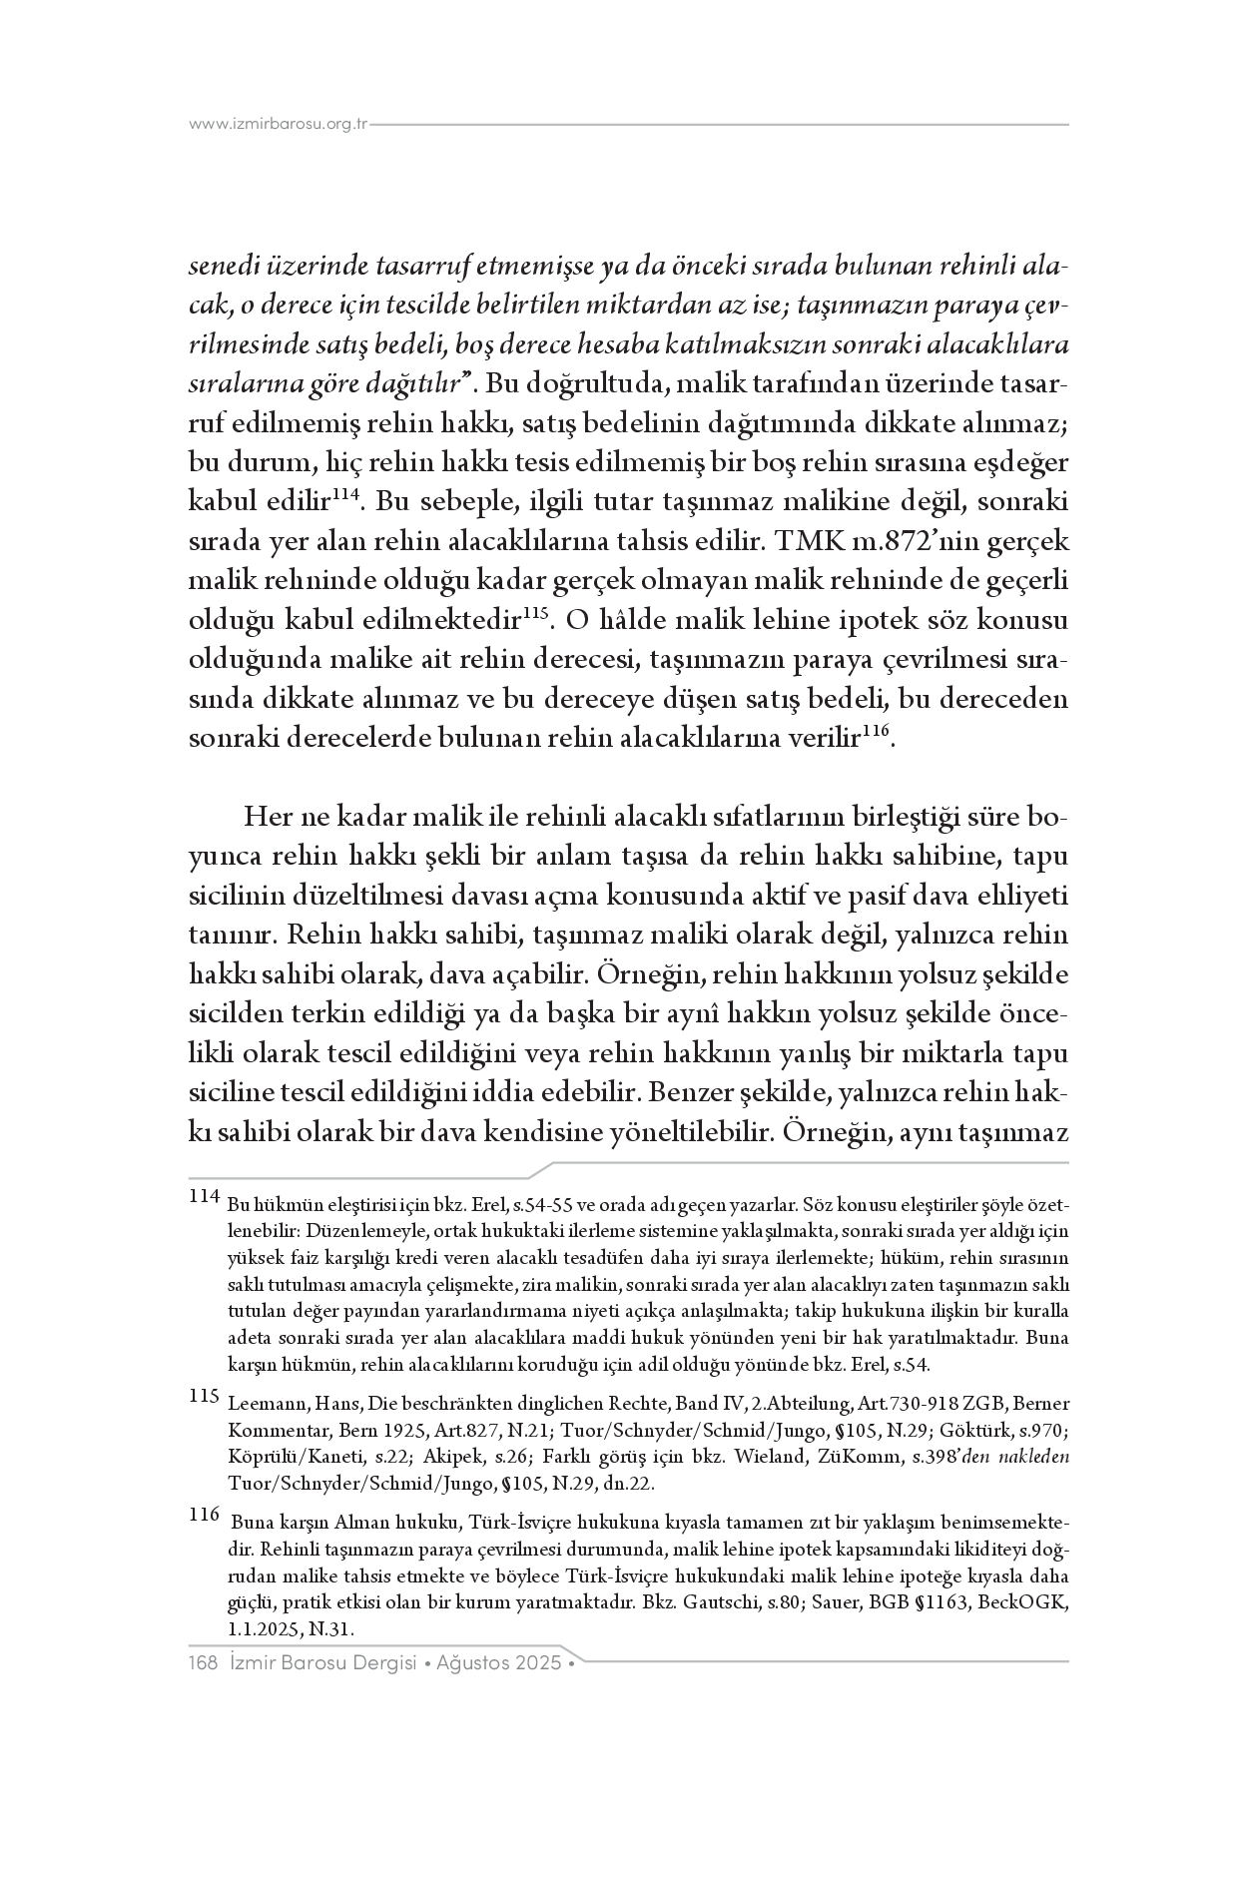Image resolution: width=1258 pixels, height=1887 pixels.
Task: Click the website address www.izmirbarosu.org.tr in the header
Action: point(279,125)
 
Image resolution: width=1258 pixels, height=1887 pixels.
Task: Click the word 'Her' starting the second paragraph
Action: point(266,818)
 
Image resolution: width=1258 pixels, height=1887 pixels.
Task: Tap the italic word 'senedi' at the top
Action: point(222,268)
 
